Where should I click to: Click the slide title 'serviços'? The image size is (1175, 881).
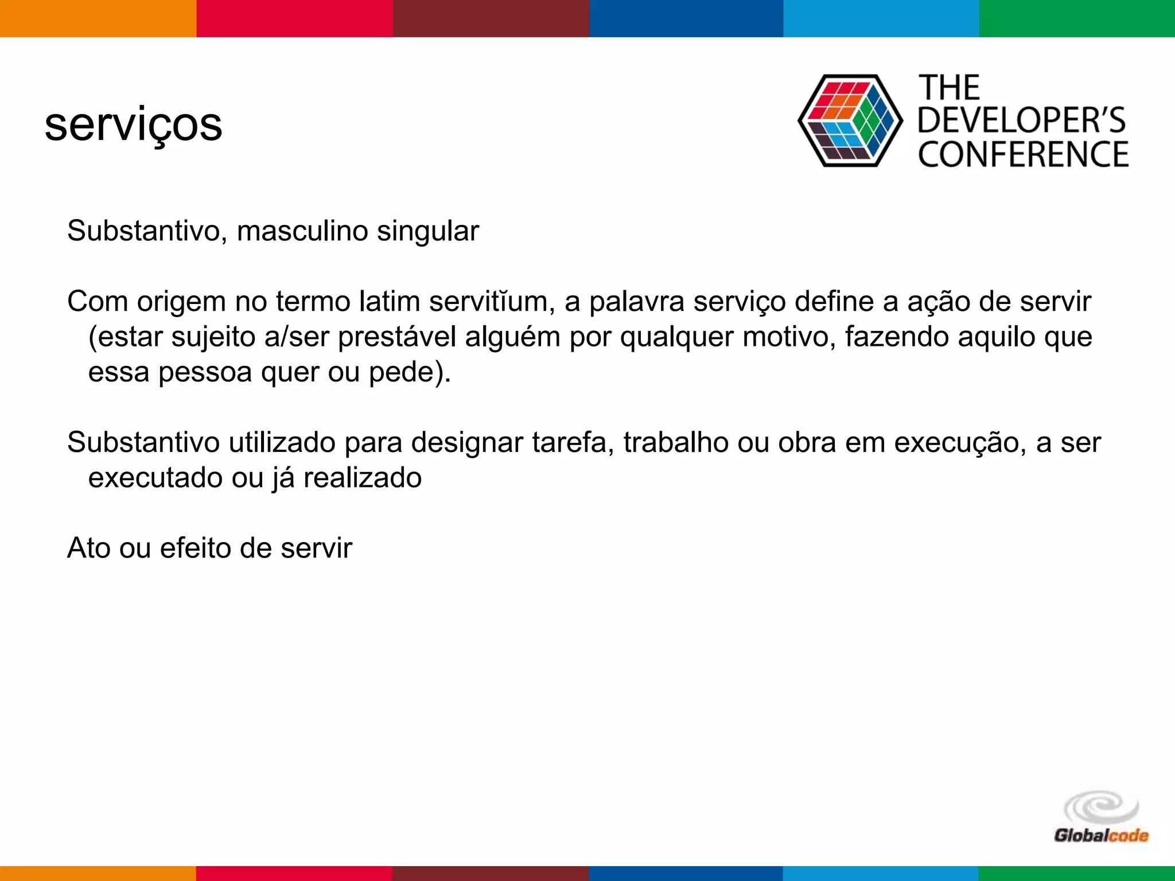[133, 125]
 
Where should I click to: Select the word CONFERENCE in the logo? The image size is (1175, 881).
[1024, 155]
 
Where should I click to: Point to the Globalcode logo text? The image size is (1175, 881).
[1101, 835]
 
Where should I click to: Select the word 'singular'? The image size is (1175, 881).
[427, 231]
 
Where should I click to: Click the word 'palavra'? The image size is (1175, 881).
[637, 302]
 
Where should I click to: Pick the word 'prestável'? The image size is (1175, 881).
[396, 337]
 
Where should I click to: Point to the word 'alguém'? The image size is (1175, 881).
[512, 337]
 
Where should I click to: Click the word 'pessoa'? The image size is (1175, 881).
[205, 372]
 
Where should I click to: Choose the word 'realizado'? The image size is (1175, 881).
[362, 478]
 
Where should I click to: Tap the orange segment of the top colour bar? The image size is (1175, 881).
[98, 18]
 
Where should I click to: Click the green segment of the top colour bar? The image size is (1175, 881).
[1077, 18]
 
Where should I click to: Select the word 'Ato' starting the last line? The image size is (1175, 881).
[88, 548]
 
